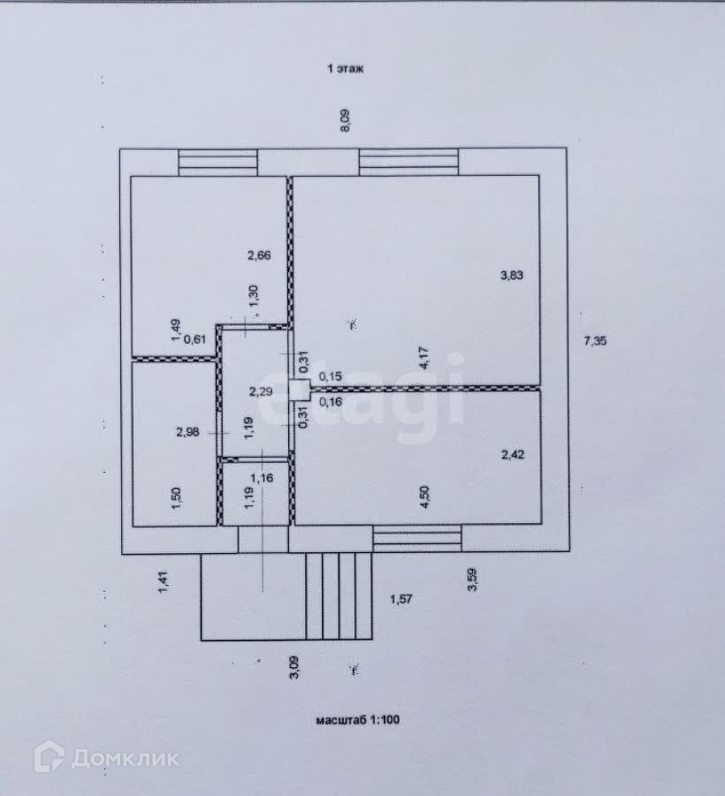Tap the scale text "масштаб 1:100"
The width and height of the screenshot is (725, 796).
click(x=358, y=720)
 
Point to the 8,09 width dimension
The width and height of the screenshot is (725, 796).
click(x=346, y=120)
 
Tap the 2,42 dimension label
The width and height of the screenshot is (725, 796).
click(x=513, y=456)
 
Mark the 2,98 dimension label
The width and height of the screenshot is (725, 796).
click(x=187, y=432)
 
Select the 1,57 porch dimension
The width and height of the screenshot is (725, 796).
click(x=401, y=599)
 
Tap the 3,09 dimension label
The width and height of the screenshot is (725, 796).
click(x=294, y=669)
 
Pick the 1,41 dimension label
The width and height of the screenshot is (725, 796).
click(x=163, y=584)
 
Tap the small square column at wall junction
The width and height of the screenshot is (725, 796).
click(x=299, y=387)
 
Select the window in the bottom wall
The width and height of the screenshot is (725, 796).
click(x=416, y=537)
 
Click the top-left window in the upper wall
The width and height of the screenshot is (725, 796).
click(x=217, y=163)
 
